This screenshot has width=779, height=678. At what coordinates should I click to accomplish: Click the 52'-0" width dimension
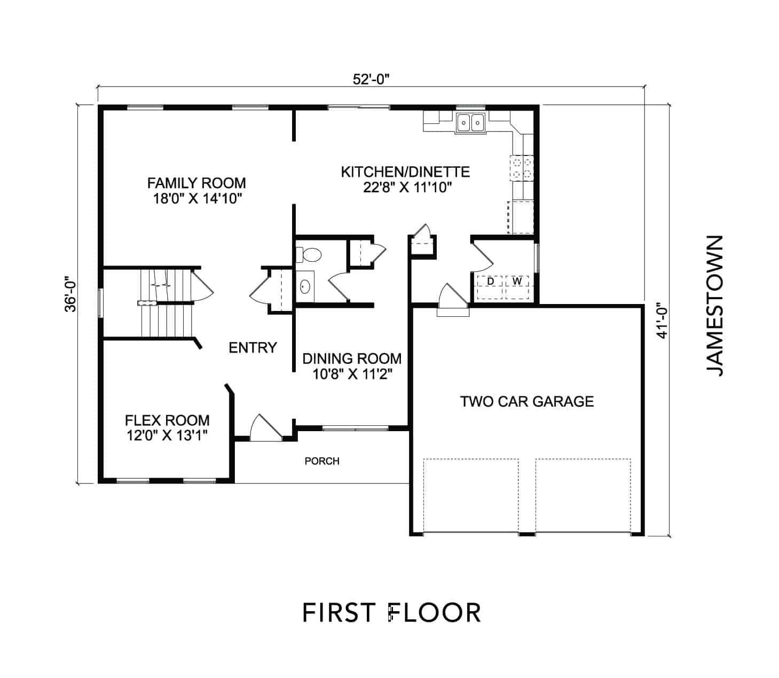pyautogui.click(x=371, y=80)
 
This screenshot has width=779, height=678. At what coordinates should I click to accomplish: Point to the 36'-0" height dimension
pyautogui.click(x=71, y=294)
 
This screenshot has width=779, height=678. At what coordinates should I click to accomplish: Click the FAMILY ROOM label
pyautogui.click(x=196, y=183)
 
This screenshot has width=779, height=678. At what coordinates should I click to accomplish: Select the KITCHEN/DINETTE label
pyautogui.click(x=405, y=172)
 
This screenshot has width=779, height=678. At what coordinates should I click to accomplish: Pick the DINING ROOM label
pyautogui.click(x=352, y=359)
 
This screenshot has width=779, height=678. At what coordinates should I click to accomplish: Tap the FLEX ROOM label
pyautogui.click(x=167, y=420)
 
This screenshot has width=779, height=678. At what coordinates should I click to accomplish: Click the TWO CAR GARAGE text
pyautogui.click(x=526, y=401)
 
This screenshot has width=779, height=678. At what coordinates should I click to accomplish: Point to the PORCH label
pyautogui.click(x=322, y=461)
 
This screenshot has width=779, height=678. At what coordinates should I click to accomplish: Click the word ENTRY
pyautogui.click(x=253, y=347)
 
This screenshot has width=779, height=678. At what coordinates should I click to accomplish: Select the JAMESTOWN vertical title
pyautogui.click(x=714, y=306)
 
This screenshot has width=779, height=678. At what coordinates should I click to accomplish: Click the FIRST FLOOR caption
pyautogui.click(x=391, y=612)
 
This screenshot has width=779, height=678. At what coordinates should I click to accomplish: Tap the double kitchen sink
pyautogui.click(x=470, y=123)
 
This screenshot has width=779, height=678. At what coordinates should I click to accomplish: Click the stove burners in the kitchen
pyautogui.click(x=522, y=168)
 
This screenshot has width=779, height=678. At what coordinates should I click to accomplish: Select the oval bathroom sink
pyautogui.click(x=305, y=286)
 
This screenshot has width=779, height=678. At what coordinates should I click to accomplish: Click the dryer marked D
pyautogui.click(x=490, y=287)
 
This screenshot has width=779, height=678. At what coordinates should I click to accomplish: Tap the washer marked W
pyautogui.click(x=517, y=287)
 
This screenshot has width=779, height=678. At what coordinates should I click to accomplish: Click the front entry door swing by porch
pyautogui.click(x=265, y=428)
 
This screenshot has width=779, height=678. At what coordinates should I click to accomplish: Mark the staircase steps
pyautogui.click(x=166, y=303)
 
